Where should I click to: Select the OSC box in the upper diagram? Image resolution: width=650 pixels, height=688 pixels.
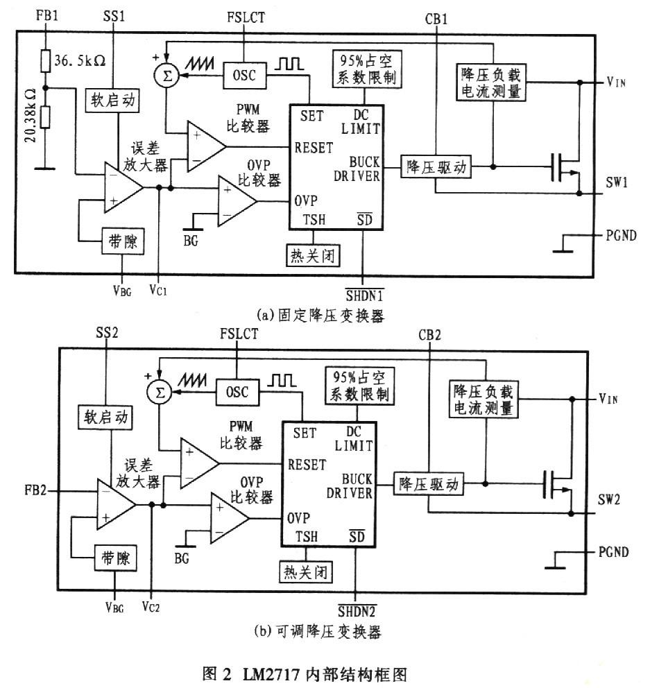pyautogui.click(x=243, y=76)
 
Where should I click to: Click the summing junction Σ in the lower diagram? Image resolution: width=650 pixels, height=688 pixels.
pyautogui.click(x=160, y=393)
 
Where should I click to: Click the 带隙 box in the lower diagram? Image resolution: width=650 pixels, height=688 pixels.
pyautogui.click(x=114, y=560)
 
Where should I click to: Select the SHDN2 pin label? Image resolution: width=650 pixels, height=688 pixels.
pyautogui.click(x=356, y=610)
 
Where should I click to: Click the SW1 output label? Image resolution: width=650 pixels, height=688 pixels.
pyautogui.click(x=616, y=182)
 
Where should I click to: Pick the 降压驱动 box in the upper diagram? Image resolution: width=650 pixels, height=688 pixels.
pyautogui.click(x=435, y=167)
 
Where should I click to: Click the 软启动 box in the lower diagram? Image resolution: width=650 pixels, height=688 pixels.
pyautogui.click(x=104, y=417)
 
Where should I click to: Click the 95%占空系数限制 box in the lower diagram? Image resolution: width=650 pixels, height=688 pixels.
pyautogui.click(x=359, y=386)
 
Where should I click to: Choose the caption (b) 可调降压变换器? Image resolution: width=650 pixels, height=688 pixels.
pyautogui.click(x=318, y=632)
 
